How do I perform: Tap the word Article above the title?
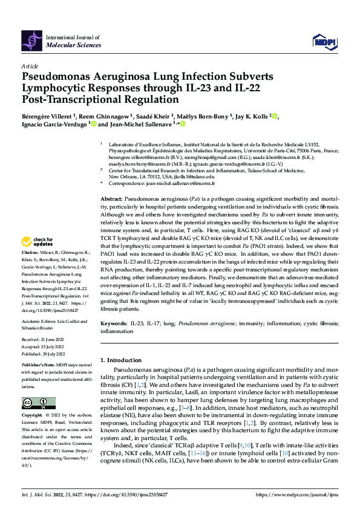pyautogui.click(x=30, y=65)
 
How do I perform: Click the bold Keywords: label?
pyautogui.click(x=113, y=324)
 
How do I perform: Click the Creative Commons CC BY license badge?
pyautogui.click(x=38, y=403)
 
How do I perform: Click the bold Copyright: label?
pyautogui.click(x=33, y=416)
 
